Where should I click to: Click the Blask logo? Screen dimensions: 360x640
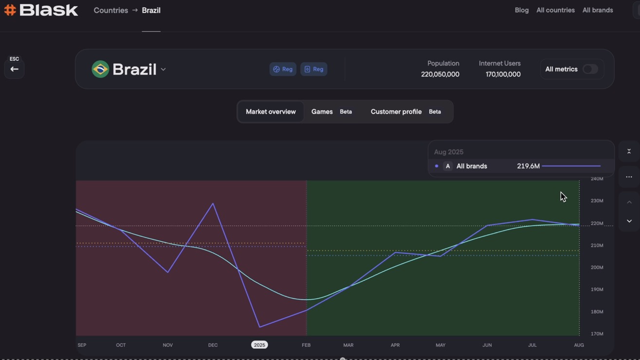click(41, 10)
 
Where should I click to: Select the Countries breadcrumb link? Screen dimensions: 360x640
click(110, 10)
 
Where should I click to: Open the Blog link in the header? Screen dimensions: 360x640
click(521, 10)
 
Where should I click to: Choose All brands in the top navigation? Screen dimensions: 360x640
click(597, 10)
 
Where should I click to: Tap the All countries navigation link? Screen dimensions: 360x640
click(555, 10)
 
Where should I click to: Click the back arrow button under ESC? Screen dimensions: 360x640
click(14, 69)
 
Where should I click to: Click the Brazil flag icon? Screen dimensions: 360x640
click(100, 69)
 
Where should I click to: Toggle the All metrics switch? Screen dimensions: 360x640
click(590, 69)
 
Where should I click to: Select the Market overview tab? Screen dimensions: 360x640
click(271, 112)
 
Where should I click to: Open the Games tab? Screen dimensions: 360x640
click(322, 112)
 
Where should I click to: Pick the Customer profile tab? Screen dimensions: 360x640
click(396, 112)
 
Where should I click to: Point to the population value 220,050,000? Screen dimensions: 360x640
click(440, 74)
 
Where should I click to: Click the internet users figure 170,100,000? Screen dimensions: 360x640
click(503, 74)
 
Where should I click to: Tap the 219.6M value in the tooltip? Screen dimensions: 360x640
click(528, 166)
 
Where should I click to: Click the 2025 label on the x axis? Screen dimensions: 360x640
click(259, 345)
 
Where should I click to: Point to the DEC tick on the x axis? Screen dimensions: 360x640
click(213, 345)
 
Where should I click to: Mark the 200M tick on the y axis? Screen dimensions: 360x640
click(597, 268)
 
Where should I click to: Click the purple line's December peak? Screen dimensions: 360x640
click(213, 203)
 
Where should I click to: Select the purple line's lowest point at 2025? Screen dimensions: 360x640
click(259, 327)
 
